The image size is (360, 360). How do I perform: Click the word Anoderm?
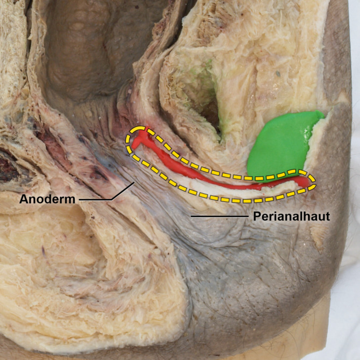47,199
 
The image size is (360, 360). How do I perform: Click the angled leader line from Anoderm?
116,194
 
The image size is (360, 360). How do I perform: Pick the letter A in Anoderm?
24,199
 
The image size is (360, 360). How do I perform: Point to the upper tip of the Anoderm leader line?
135,181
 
